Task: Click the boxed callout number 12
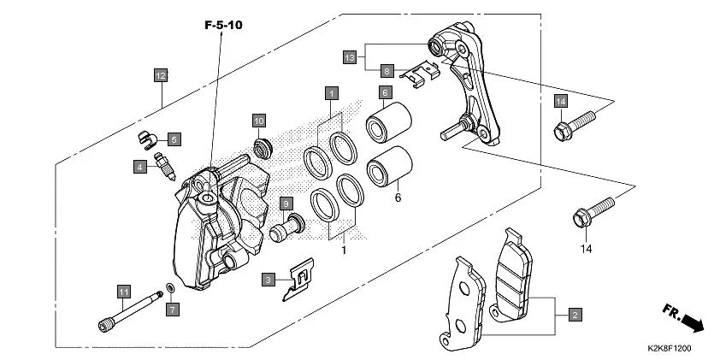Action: (x=160, y=74)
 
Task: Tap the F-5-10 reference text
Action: (x=223, y=26)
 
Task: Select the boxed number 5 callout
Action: (x=174, y=139)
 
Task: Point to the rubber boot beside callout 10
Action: (x=263, y=146)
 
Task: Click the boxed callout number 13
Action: (x=349, y=56)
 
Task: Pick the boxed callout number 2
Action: (x=575, y=316)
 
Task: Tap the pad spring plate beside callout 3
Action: (x=298, y=280)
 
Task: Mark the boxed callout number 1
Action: (x=331, y=91)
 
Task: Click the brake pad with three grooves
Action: (x=516, y=282)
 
